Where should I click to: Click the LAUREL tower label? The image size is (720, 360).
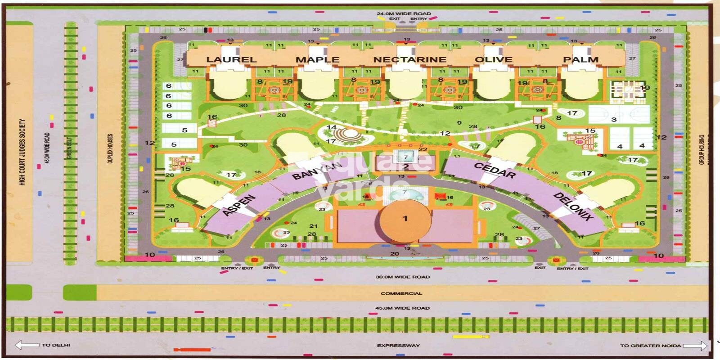pos(231,59)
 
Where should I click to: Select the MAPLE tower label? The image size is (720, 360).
pos(317,59)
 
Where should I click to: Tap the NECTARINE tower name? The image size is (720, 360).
pos(409,59)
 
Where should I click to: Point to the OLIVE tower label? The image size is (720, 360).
pos(494,59)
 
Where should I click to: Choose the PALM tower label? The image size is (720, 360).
pos(581,59)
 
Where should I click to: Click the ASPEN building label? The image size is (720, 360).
pos(239,205)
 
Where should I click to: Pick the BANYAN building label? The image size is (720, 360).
pos(317,170)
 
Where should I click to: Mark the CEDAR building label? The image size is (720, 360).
pos(495,171)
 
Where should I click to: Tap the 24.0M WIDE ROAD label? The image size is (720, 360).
pos(404,13)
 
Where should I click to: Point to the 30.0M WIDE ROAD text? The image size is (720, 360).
pos(403,277)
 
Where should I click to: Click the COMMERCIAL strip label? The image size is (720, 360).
pos(401,293)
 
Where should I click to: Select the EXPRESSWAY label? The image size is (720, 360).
pos(398,346)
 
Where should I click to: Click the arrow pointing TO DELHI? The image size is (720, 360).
pos(27,345)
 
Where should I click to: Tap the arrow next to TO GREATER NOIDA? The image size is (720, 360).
pos(695,346)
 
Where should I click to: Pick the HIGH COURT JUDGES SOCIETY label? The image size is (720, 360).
pos(22,152)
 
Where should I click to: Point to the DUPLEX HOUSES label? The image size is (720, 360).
pos(110,148)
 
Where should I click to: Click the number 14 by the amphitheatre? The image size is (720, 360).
pos(332,127)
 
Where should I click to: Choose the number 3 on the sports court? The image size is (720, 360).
pos(614,119)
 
